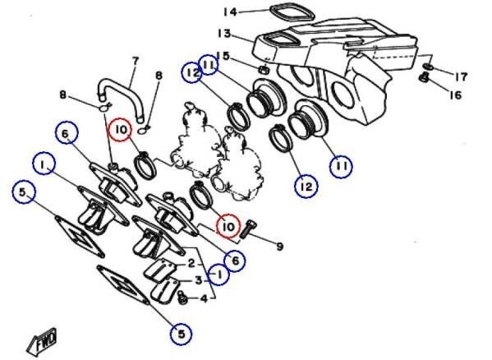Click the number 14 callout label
click(230, 12)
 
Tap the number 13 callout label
click(224, 33)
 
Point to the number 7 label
click(136, 61)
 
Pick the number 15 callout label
click(232, 56)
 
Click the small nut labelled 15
click(264, 69)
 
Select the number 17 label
click(461, 76)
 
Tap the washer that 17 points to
click(428, 67)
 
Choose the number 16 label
click(456, 95)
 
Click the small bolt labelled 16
click(424, 77)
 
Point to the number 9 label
click(279, 247)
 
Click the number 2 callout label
click(191, 263)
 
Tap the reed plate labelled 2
click(159, 268)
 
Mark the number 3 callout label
click(199, 280)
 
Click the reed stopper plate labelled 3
click(164, 292)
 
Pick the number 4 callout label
click(204, 298)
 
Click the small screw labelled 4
click(182, 298)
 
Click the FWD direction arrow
click(43, 342)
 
